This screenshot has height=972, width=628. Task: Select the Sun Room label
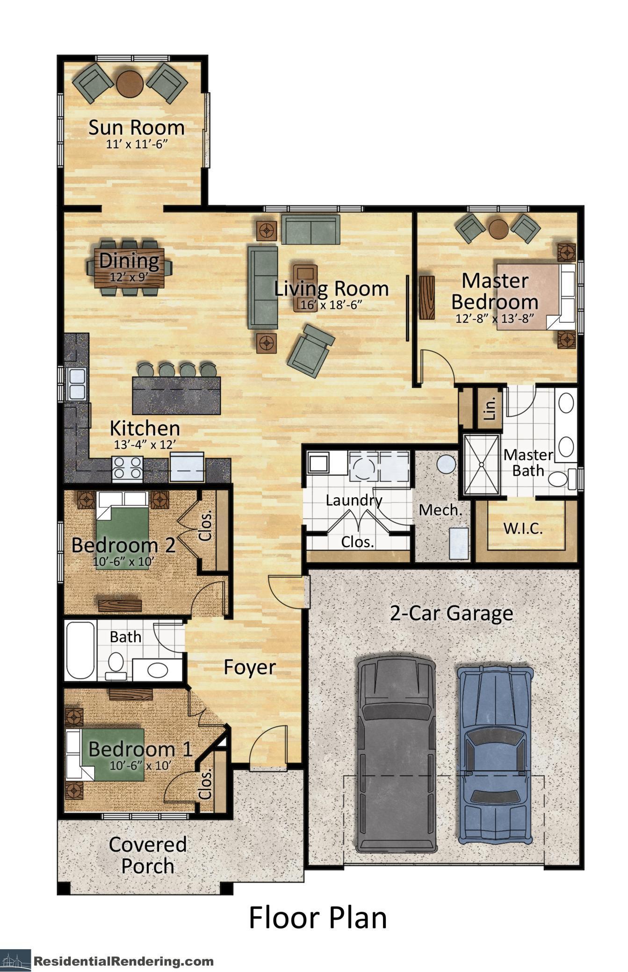tap(137, 128)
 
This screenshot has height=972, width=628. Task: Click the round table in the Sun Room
tap(130, 84)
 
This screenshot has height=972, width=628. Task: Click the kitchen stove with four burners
tap(128, 468)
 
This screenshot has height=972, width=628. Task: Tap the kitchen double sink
tap(76, 384)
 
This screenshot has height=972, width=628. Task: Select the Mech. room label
tap(440, 510)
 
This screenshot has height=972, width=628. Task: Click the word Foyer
tap(249, 667)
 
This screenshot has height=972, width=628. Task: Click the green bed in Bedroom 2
tap(123, 533)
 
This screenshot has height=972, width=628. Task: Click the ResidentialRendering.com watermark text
tap(123, 961)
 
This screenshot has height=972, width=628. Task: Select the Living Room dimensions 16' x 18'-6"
tap(332, 305)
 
